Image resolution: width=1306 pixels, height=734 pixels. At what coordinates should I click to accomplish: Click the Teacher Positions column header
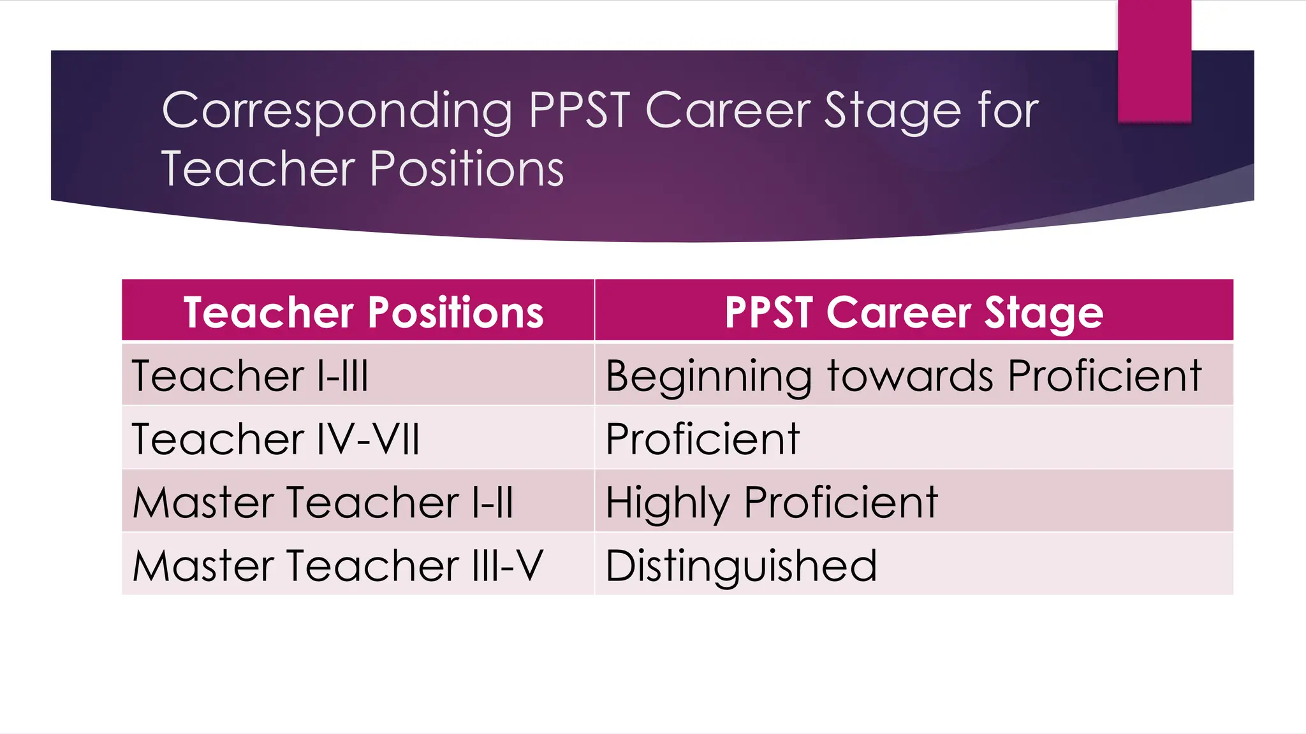click(x=363, y=312)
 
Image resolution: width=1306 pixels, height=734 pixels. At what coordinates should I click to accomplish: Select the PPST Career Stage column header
click(x=913, y=312)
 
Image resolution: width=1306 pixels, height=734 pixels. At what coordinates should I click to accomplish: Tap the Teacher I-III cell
click(x=250, y=375)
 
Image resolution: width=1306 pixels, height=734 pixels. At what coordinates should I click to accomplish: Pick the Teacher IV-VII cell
click(x=275, y=438)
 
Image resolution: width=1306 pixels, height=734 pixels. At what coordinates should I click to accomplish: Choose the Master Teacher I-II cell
click(x=323, y=502)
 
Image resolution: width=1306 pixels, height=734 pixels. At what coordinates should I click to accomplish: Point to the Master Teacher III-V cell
click(x=337, y=565)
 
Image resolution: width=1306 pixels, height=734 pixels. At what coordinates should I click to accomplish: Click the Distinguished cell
click(x=741, y=565)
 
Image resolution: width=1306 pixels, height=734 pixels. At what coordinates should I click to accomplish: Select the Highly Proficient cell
click(x=772, y=502)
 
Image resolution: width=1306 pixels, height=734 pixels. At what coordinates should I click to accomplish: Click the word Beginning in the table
click(x=708, y=377)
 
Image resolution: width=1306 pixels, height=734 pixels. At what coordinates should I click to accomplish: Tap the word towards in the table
click(x=910, y=375)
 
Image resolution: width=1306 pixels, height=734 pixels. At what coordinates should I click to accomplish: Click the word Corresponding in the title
click(x=337, y=111)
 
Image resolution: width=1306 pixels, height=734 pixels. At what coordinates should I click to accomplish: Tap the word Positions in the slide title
click(x=467, y=169)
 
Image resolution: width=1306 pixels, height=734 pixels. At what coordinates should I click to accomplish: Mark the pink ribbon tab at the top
click(x=1154, y=61)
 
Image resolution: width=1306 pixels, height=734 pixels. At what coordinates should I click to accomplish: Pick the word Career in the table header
click(x=900, y=312)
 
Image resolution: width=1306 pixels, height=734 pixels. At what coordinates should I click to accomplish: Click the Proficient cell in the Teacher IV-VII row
click(x=702, y=438)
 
